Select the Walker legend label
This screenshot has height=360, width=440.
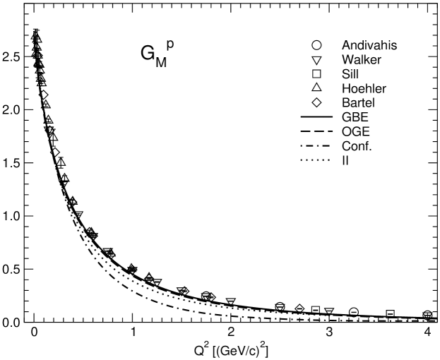[x=360, y=61]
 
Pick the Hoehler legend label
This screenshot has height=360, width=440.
[x=362, y=90]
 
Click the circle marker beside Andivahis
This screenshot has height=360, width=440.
[x=316, y=46]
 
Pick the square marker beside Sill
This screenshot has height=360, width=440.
[x=316, y=75]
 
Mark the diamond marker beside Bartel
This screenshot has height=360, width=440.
[x=316, y=104]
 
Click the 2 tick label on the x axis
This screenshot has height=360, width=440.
[x=231, y=332]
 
